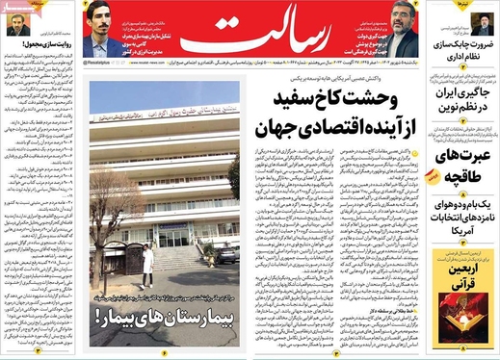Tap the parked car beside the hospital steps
pyautogui.click(x=225, y=254)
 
